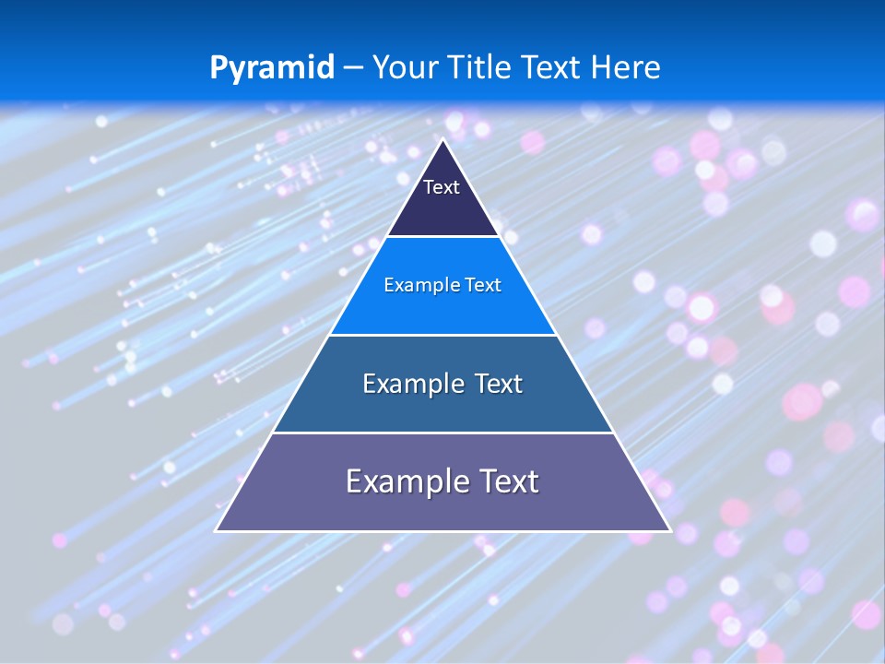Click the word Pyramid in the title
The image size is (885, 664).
click(271, 67)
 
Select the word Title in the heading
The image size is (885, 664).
click(484, 67)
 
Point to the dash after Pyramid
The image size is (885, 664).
click(353, 67)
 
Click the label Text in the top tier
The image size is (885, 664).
click(442, 187)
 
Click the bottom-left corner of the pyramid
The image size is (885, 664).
click(217, 530)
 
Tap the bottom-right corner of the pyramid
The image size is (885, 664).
click(669, 530)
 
